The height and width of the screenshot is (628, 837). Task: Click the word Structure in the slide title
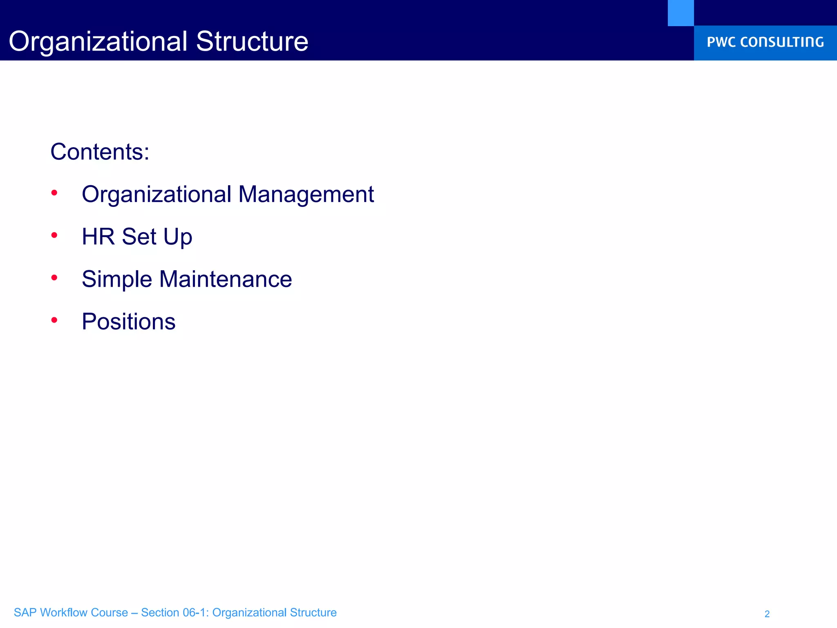click(x=252, y=41)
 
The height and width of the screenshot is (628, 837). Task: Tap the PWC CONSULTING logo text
click(x=765, y=42)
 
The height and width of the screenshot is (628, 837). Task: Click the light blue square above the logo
click(x=680, y=13)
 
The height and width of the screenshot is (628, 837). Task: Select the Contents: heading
click(x=100, y=152)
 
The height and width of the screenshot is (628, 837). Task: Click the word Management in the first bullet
click(x=306, y=194)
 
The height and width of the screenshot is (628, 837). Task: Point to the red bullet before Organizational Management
click(x=54, y=192)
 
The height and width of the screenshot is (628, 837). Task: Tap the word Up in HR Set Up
click(x=178, y=238)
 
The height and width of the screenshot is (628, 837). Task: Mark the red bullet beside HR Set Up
click(x=54, y=235)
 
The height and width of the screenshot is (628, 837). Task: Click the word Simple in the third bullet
click(x=117, y=280)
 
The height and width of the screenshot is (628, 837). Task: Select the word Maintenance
click(x=226, y=279)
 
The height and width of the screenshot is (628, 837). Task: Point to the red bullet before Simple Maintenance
click(x=54, y=278)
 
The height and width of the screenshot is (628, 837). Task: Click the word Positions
click(x=128, y=322)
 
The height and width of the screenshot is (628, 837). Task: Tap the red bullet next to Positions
click(x=54, y=320)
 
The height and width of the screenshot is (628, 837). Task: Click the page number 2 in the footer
click(x=767, y=614)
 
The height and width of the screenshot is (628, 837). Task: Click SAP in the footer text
click(x=25, y=612)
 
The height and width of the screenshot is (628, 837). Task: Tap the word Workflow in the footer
click(x=63, y=612)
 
